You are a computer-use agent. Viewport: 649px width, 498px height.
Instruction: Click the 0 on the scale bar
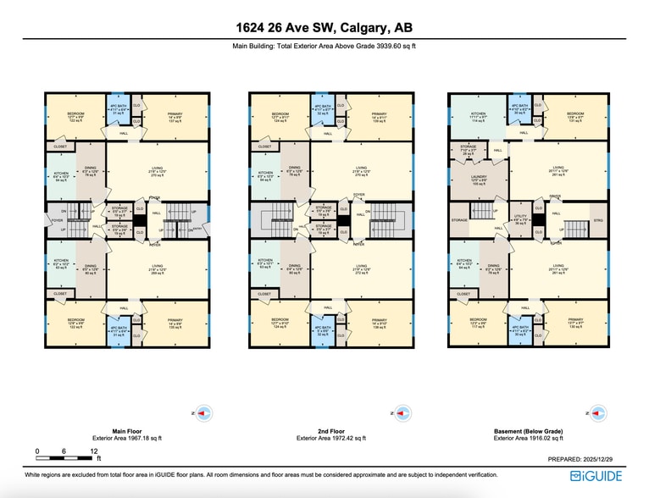click(37, 451)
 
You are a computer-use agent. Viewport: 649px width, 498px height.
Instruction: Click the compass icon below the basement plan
click(597, 412)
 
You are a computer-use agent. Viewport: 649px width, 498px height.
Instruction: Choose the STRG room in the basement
click(599, 221)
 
